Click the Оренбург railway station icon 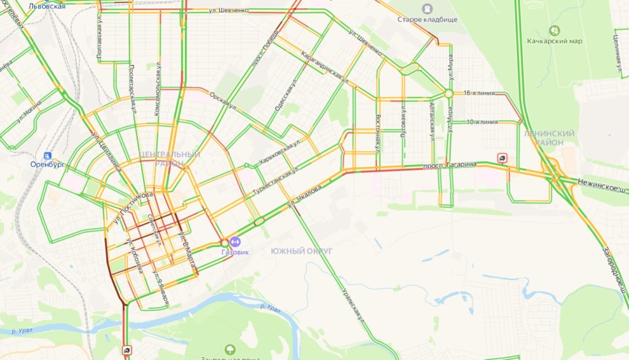pos(48,156)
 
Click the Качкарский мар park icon pos(555,30)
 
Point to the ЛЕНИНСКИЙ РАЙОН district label pos(549,138)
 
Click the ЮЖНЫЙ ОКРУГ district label pos(301,251)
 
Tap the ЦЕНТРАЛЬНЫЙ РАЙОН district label pos(170,158)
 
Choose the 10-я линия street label pos(482,122)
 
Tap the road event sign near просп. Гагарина pos(503,158)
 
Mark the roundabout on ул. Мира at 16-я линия pos(449,93)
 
